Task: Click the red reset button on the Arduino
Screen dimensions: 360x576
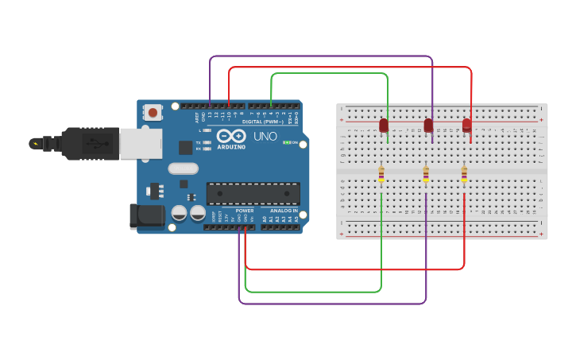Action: pos(153,113)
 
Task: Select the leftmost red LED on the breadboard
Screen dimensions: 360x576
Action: pos(384,126)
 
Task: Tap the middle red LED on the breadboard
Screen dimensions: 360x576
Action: pos(428,126)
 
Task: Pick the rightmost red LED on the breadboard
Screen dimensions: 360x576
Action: pos(466,125)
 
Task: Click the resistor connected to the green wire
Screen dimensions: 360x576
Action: pos(381,173)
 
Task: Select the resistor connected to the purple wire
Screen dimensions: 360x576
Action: pos(426,173)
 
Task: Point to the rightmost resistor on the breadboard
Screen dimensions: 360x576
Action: pos(464,173)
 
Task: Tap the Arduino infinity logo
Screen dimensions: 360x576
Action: pos(230,136)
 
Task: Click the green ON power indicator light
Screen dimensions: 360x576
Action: pos(287,142)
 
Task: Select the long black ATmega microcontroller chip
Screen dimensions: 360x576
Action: pos(253,193)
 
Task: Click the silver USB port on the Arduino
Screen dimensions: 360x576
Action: pos(140,143)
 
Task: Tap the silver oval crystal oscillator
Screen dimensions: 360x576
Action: pos(183,168)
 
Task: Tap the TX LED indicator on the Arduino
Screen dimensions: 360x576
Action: pos(207,142)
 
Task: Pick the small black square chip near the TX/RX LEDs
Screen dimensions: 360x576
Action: pos(185,147)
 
